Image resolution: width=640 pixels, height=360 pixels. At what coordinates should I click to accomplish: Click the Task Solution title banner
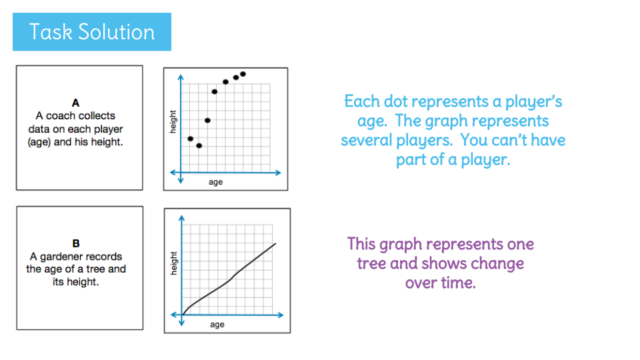92,32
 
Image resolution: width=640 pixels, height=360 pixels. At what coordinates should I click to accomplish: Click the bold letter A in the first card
75,103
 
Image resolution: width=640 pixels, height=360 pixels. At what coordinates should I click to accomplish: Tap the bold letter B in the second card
76,243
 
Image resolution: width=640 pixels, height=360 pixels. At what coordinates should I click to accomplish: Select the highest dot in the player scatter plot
243,74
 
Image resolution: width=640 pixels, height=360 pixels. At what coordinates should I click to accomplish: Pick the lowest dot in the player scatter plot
199,146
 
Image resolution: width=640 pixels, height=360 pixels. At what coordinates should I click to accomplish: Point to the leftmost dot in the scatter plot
190,139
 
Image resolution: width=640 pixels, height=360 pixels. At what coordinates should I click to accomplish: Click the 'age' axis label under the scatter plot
215,182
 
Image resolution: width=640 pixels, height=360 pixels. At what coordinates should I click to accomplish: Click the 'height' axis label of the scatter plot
173,121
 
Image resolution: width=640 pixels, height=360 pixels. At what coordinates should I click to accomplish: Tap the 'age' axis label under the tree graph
217,325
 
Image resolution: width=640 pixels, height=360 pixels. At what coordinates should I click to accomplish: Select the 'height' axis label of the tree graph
174,263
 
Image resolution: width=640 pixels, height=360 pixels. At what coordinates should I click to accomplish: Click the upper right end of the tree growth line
275,244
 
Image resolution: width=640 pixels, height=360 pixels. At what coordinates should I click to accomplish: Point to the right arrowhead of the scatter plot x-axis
279,173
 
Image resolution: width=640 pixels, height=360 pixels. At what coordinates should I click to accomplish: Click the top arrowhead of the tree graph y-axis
181,218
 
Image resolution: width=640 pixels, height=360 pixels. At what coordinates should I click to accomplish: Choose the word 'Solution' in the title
117,32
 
